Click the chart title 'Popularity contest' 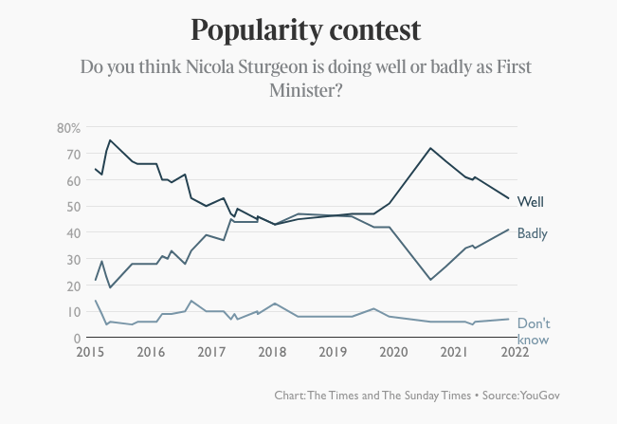(x=305, y=29)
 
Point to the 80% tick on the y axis (x=68, y=127)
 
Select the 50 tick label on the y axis (x=72, y=206)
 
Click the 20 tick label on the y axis (x=72, y=286)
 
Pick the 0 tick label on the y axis (x=76, y=338)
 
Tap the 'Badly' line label (x=533, y=232)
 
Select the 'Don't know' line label (x=534, y=331)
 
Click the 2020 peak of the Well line (x=430, y=148)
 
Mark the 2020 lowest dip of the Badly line (x=430, y=280)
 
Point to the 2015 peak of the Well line (x=110, y=140)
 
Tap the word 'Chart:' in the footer (x=291, y=395)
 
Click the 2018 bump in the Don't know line (x=274, y=304)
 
